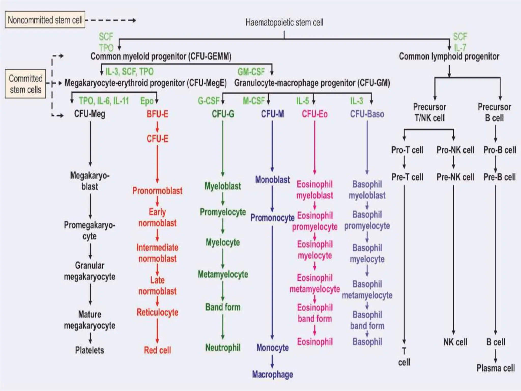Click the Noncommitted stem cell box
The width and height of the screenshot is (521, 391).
pyautogui.click(x=45, y=20)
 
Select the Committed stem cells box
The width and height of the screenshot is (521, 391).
pyautogui.click(x=25, y=84)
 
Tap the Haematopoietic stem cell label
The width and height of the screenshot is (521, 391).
pyautogui.click(x=284, y=22)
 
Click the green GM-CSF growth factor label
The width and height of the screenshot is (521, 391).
pyautogui.click(x=251, y=72)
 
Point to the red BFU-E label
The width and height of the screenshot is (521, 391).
pyautogui.click(x=157, y=114)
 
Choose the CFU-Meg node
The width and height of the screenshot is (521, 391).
pyautogui.click(x=90, y=114)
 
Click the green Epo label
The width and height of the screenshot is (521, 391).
pyautogui.click(x=147, y=101)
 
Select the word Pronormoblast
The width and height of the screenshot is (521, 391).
pyautogui.click(x=157, y=191)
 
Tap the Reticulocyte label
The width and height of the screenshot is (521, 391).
pyautogui.click(x=157, y=312)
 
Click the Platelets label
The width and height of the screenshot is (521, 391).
pyautogui.click(x=90, y=350)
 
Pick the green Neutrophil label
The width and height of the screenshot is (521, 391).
pyautogui.click(x=223, y=347)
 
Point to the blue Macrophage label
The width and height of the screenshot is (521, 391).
pyautogui.click(x=272, y=374)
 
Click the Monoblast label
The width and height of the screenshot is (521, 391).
pyautogui.click(x=272, y=180)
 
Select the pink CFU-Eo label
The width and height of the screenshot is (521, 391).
pyautogui.click(x=315, y=114)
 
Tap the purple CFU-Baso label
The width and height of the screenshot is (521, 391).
pyautogui.click(x=367, y=114)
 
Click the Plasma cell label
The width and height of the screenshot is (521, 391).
pyautogui.click(x=496, y=368)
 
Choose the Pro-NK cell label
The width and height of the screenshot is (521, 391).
pyautogui.click(x=455, y=150)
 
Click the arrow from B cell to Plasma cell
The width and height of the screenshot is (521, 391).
pyautogui.click(x=496, y=356)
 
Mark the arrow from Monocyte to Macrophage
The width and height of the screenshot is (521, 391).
pyautogui.click(x=272, y=361)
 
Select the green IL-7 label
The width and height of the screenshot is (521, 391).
pyautogui.click(x=460, y=48)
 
